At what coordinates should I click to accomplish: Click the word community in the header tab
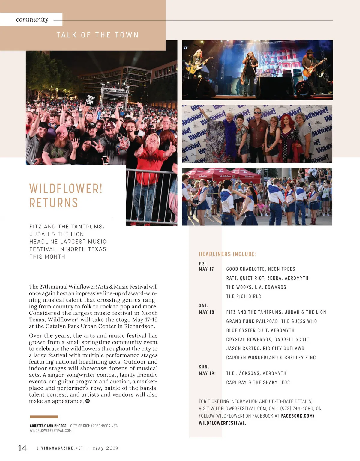tap(32, 19)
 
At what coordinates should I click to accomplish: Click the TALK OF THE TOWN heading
tap(97, 35)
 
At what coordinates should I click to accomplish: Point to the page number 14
tap(22, 448)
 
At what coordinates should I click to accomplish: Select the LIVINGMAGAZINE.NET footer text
tap(60, 448)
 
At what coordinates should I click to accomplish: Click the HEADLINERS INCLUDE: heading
tap(228, 254)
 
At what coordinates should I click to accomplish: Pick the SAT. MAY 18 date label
tap(206, 309)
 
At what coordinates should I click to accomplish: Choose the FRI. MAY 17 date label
tap(206, 266)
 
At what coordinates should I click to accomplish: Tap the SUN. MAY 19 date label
tap(207, 370)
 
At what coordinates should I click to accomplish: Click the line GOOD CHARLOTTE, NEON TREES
tap(261, 269)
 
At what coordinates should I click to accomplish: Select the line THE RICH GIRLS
tap(244, 296)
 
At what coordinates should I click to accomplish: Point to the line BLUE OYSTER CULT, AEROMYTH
tap(260, 330)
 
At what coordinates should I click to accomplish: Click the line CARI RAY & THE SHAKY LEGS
tap(258, 382)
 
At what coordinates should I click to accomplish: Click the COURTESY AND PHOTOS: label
tap(49, 426)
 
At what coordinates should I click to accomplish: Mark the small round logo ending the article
tap(88, 401)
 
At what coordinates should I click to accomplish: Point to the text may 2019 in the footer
tap(106, 448)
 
